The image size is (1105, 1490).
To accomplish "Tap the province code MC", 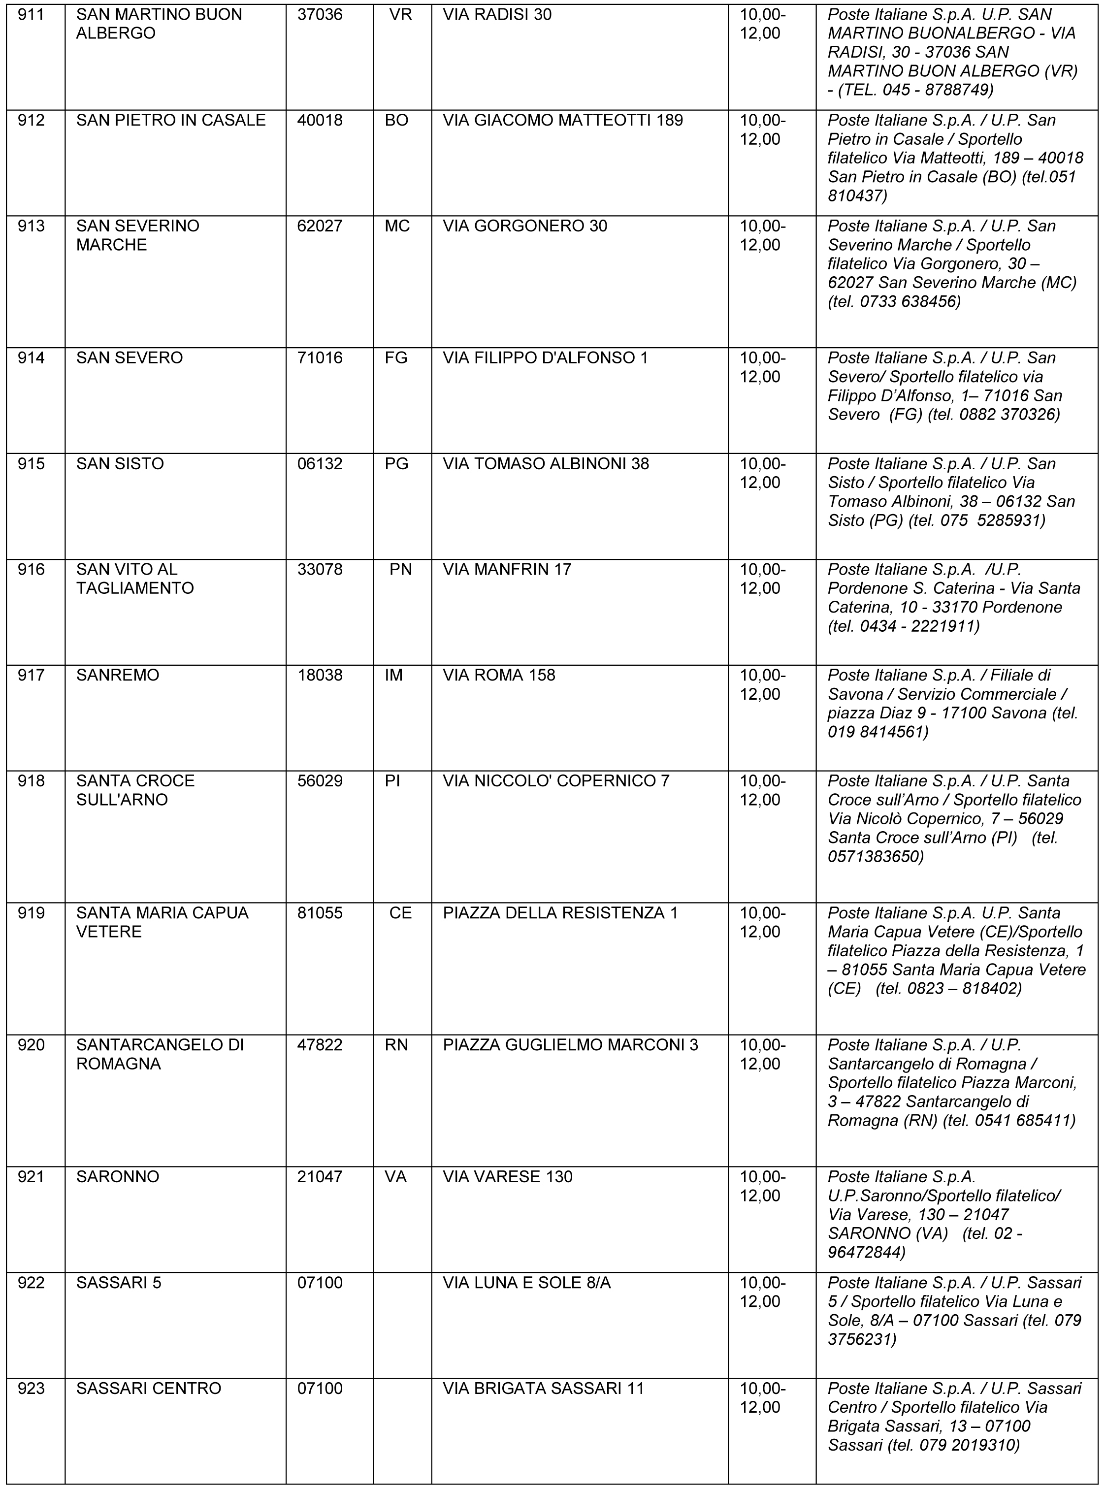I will [x=397, y=226].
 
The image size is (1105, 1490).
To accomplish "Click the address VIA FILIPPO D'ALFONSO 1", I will [x=545, y=358].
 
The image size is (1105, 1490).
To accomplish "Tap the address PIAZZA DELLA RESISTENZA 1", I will [x=560, y=913].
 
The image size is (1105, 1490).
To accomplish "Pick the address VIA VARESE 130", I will [x=507, y=1176].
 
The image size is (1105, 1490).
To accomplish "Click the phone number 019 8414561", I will [x=877, y=732].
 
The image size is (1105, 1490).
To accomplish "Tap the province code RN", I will [x=397, y=1044].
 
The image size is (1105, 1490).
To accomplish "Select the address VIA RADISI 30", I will [x=496, y=15].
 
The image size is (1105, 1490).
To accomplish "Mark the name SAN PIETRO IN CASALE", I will [x=170, y=120].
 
